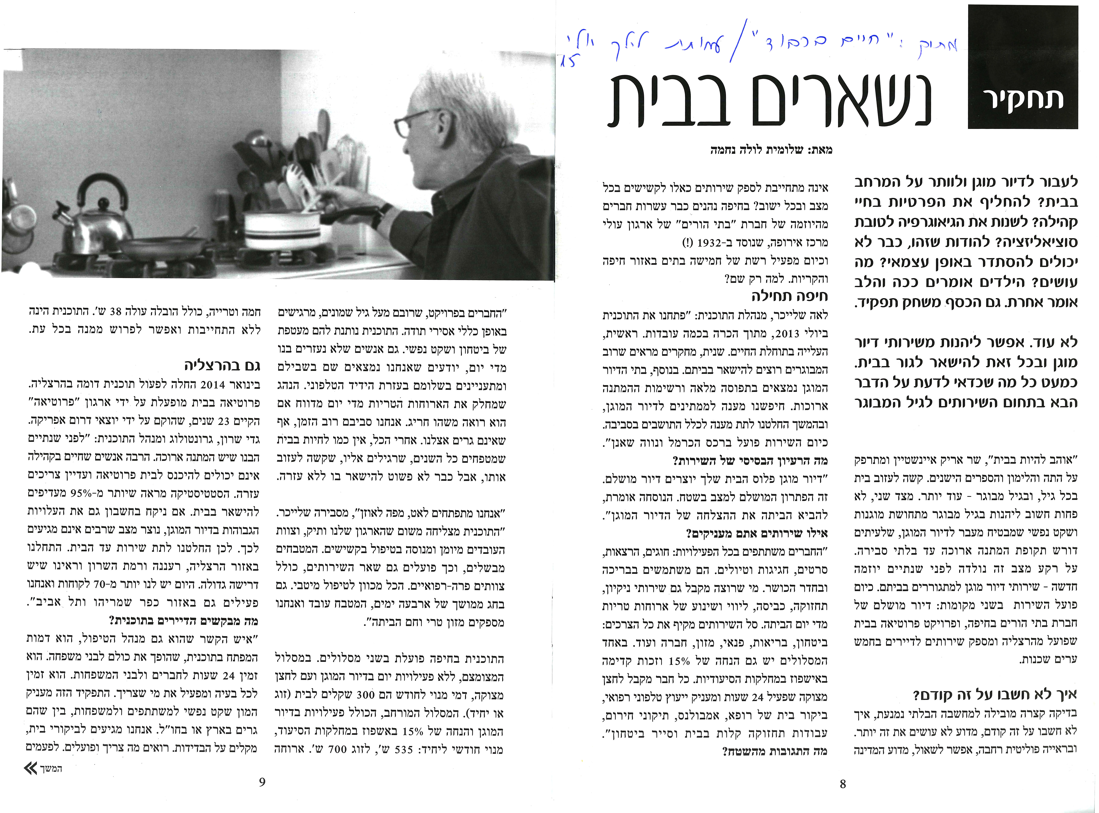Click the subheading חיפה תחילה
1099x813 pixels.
pyautogui.click(x=789, y=296)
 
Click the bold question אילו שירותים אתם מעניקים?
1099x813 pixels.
pyautogui.click(x=756, y=533)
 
